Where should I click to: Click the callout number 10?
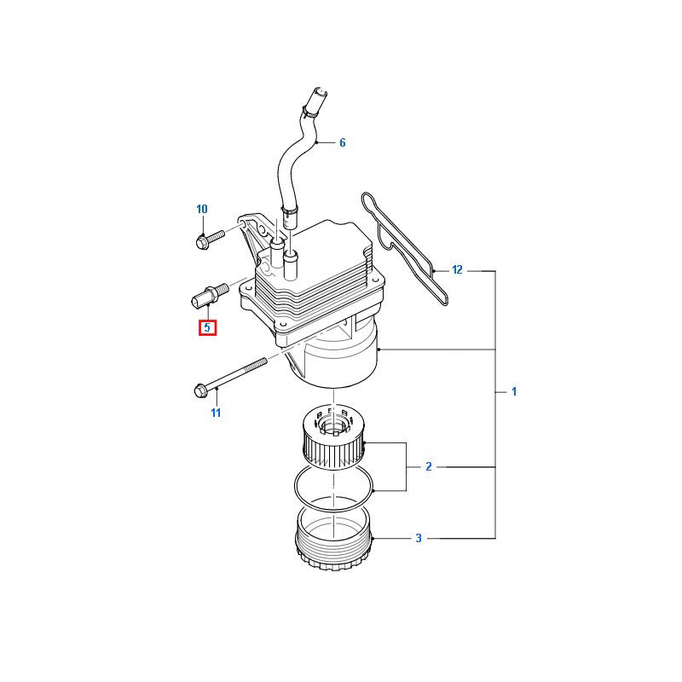[202, 209]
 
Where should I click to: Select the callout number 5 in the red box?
[207, 327]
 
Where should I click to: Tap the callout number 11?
[216, 413]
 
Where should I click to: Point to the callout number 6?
[342, 142]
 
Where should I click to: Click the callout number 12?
[457, 270]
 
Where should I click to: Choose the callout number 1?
[514, 391]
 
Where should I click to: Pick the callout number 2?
[429, 466]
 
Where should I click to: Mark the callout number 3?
[419, 538]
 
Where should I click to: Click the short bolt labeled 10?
[208, 238]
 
